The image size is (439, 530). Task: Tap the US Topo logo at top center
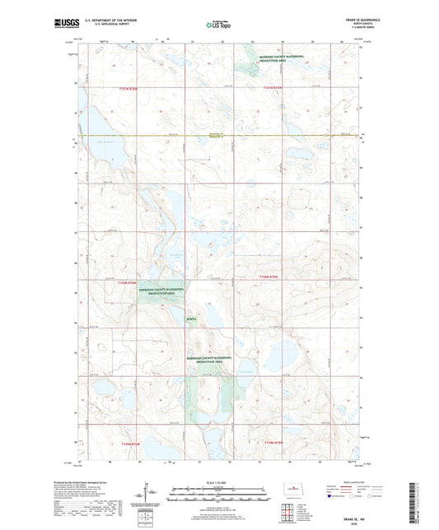point(218,26)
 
